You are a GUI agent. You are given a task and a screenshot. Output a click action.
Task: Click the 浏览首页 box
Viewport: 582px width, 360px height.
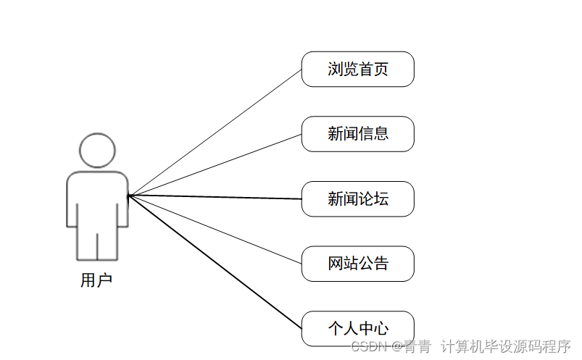pos(357,70)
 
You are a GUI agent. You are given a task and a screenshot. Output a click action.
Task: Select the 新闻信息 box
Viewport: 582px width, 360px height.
pos(357,134)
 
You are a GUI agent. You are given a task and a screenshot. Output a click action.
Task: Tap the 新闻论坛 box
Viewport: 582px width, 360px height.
pos(357,199)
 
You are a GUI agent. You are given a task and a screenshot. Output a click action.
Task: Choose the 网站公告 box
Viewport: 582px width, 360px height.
pos(357,264)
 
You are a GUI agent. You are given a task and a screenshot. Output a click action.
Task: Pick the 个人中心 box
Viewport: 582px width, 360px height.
pos(357,329)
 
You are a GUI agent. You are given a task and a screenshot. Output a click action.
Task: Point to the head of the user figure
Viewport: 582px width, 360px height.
pos(97,151)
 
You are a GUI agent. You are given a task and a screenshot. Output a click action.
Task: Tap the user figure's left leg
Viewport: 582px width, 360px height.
pos(86,243)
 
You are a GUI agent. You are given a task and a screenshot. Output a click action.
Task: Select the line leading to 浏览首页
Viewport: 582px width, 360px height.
pos(215,133)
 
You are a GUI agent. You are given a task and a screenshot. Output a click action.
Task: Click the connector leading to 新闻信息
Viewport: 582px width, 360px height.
pos(215,165)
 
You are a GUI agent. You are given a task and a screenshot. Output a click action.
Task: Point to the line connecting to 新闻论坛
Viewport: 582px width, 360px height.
pos(215,197)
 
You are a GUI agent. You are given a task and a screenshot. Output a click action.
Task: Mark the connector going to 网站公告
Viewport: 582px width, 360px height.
pos(215,230)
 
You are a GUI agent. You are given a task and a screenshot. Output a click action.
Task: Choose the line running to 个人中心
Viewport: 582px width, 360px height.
pos(215,261)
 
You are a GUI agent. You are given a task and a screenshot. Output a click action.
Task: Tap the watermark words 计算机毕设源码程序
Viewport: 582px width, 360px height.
pos(507,347)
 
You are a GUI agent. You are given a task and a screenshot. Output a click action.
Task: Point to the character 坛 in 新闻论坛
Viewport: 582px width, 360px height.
pos(381,199)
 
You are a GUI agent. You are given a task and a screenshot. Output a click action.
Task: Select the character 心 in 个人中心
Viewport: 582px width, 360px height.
pos(381,329)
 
